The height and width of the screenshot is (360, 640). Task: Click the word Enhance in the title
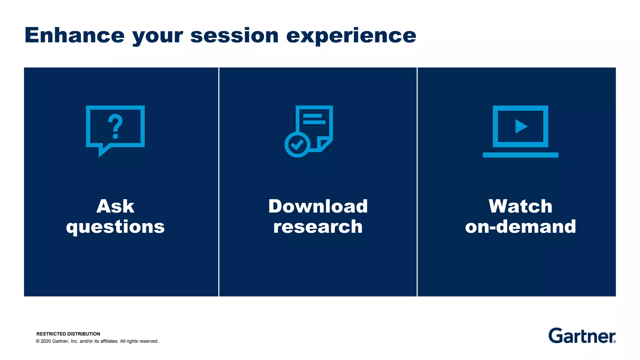[x=74, y=35]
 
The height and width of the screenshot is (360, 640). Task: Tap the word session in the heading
[x=234, y=35]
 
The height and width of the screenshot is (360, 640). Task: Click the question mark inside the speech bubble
[x=115, y=126]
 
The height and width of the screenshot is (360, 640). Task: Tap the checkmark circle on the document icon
[x=297, y=144]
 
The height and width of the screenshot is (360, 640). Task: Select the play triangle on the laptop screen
[x=521, y=126]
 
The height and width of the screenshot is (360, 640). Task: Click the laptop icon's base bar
[x=520, y=155]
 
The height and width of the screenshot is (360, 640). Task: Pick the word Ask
[x=115, y=206]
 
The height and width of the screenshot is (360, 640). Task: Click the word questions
[x=115, y=227]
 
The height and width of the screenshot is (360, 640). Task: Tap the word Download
[x=318, y=206]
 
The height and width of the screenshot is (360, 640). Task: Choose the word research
[x=318, y=227]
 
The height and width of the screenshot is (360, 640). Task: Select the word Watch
[x=520, y=206]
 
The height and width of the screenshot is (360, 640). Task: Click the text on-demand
[x=520, y=227]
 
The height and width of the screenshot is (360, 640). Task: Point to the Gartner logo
[x=582, y=336]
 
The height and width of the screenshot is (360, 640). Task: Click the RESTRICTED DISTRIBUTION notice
[x=68, y=334]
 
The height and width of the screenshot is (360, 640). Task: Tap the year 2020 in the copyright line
[x=46, y=341]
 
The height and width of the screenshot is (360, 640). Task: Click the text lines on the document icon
[x=314, y=119]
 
